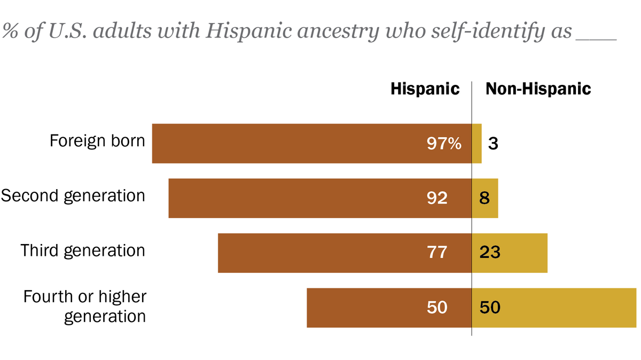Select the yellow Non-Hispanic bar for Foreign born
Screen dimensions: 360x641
[476, 143]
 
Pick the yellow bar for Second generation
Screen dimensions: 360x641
[491, 198]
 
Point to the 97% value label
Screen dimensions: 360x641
[444, 143]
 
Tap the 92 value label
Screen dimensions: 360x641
[437, 198]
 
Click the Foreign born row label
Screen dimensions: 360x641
[97, 141]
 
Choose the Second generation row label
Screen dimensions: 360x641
[73, 195]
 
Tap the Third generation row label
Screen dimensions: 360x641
[83, 251]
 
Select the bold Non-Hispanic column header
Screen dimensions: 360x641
[538, 89]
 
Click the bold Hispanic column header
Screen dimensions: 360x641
[425, 89]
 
